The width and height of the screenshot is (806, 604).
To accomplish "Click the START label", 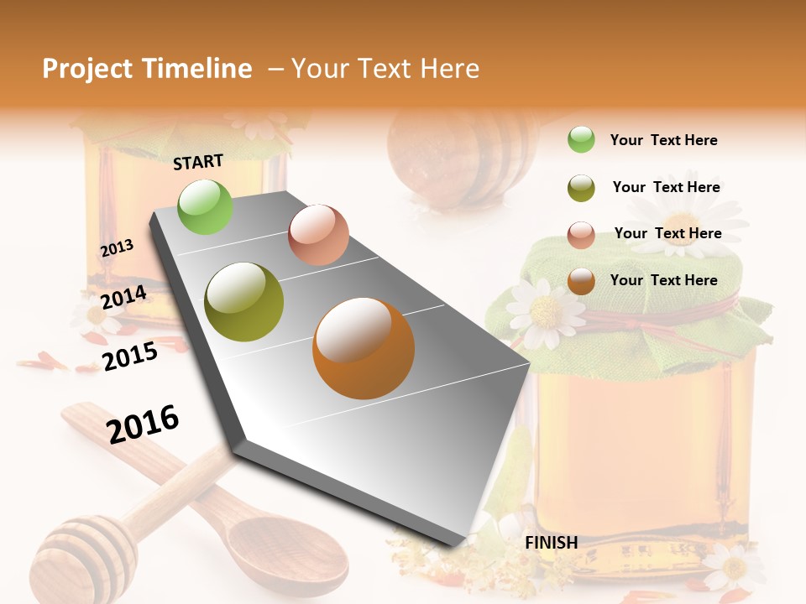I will click(198, 161).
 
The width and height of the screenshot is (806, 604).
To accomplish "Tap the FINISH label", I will click(551, 542).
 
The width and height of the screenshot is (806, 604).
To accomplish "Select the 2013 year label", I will click(117, 248).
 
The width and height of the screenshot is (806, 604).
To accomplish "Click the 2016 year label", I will click(143, 424).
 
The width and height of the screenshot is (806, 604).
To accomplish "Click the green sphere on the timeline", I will click(206, 206).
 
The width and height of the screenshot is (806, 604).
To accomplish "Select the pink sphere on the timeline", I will click(318, 234).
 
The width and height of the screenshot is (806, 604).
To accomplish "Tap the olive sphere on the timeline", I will click(244, 302).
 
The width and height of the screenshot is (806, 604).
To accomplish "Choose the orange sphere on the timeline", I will click(364, 348).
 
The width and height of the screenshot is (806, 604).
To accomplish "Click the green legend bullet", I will click(581, 139).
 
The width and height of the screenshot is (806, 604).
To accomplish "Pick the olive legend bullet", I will click(581, 187).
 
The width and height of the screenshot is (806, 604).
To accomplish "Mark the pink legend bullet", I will click(581, 235).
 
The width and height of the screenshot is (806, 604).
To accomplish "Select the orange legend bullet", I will click(581, 281).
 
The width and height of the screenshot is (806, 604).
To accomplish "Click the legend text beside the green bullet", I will click(663, 140).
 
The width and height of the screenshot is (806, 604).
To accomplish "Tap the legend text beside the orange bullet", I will click(663, 280).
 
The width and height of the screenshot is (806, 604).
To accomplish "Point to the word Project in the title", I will click(87, 69).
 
